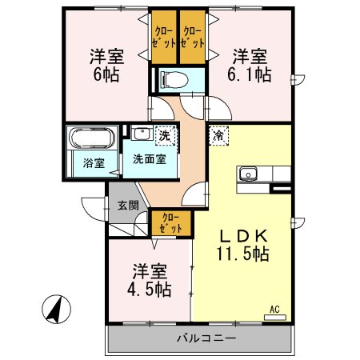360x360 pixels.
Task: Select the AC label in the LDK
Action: coord(274,308)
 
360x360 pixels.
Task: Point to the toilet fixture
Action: coord(171,81)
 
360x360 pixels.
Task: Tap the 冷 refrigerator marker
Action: coord(218,136)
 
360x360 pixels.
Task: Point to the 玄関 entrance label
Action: coord(126,205)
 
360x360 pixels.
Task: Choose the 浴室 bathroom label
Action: coord(94,163)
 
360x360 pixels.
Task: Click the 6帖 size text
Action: coord(105,77)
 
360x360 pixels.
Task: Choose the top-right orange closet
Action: coord(192,36)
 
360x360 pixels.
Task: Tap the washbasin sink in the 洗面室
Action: coord(142,134)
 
